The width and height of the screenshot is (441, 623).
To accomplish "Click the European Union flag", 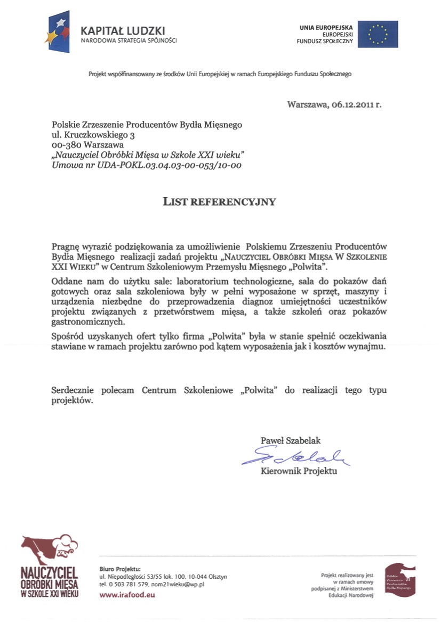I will (x=378, y=34).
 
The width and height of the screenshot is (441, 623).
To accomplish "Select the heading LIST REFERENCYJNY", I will (x=219, y=201).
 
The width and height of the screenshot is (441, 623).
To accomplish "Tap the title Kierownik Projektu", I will (x=299, y=471).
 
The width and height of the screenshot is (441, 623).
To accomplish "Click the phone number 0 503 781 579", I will (x=126, y=584).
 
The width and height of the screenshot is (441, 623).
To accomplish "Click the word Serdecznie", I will (x=73, y=390).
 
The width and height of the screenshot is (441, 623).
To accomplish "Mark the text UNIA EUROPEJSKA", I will (x=326, y=27).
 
